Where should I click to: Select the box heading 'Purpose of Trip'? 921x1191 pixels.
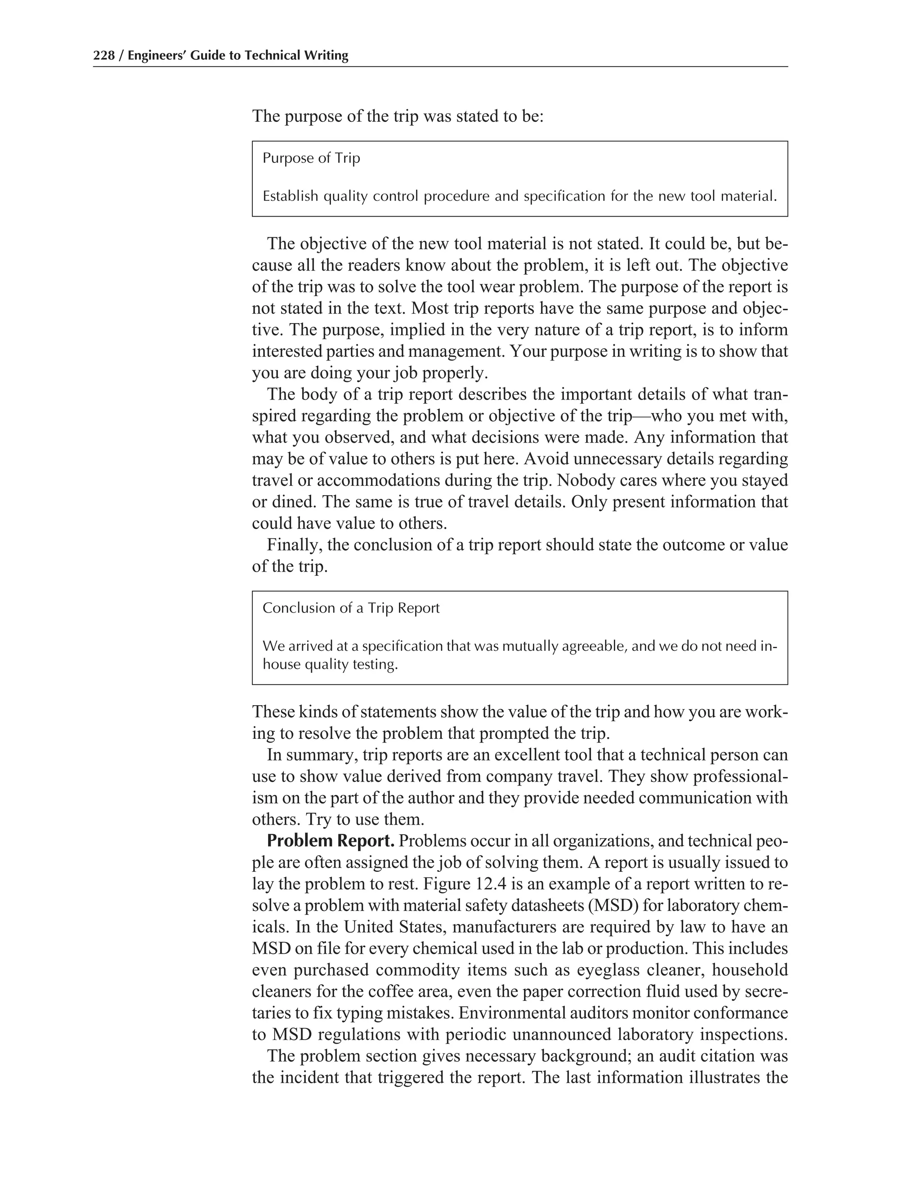click(311, 158)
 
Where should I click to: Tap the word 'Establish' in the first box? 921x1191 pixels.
click(290, 196)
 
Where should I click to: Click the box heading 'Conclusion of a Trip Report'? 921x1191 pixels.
click(351, 608)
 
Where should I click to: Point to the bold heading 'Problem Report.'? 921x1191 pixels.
click(330, 841)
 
